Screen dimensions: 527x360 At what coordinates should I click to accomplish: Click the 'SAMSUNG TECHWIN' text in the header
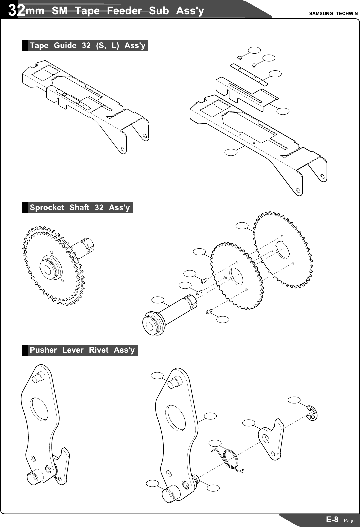(x=333, y=14)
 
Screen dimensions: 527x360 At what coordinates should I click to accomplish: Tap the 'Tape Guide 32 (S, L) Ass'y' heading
(x=87, y=45)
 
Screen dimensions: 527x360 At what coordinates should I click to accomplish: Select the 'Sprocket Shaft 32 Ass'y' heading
(x=80, y=208)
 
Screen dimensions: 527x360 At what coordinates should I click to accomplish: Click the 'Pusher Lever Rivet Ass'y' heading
(x=82, y=350)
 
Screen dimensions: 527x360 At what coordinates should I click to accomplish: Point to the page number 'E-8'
(x=332, y=519)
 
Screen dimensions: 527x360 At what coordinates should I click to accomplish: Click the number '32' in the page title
(x=17, y=11)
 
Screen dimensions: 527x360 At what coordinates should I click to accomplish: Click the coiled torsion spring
(x=231, y=459)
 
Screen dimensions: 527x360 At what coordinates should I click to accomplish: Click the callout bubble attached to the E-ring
(x=294, y=400)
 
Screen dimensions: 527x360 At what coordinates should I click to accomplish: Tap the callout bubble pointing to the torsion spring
(x=215, y=443)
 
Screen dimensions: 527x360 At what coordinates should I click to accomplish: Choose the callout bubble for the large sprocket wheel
(x=242, y=226)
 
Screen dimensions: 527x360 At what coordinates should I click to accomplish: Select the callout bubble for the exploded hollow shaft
(x=158, y=300)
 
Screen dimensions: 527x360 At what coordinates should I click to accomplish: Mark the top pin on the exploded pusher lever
(x=174, y=383)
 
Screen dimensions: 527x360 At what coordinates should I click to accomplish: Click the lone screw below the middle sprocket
(x=209, y=312)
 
